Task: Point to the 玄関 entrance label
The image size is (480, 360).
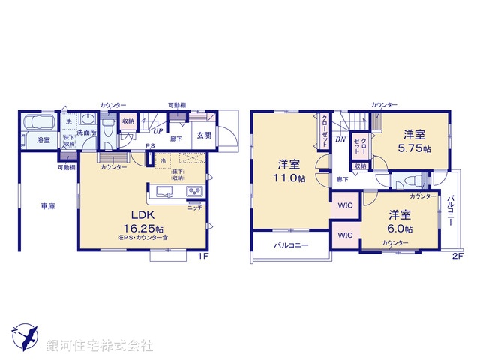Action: coord(204,136)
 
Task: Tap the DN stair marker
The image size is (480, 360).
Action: coord(340,140)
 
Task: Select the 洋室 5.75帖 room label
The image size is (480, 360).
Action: coord(415,142)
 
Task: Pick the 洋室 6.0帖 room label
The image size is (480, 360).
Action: coord(399,221)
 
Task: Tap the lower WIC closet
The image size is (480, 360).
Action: coord(346,235)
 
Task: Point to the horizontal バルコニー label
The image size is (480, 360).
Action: coord(288,245)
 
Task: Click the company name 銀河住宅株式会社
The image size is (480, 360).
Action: coord(100,346)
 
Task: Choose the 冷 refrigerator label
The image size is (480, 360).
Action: coord(163,160)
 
